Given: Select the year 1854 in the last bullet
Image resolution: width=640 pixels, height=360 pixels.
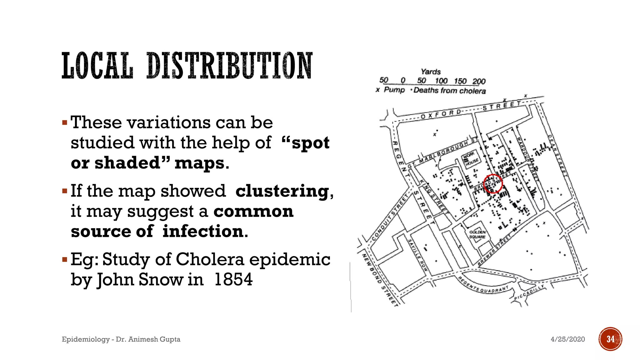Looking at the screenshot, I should click(x=233, y=279).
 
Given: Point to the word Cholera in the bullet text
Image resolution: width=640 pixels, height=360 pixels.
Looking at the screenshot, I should click(x=210, y=259).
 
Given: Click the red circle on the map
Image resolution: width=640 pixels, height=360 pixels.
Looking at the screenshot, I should click(x=493, y=184).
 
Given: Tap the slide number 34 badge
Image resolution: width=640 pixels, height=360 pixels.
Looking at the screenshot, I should click(x=610, y=339).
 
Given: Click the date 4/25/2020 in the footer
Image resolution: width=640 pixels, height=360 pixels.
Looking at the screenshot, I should click(x=567, y=339).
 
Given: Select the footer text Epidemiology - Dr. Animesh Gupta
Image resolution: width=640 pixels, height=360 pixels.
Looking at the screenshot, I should click(x=121, y=339).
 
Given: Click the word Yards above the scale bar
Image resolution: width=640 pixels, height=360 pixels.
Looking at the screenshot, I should click(x=431, y=72).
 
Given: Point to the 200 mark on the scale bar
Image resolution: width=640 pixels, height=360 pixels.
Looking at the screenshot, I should click(x=479, y=82).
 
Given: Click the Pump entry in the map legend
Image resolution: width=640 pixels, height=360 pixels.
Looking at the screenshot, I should click(x=394, y=90).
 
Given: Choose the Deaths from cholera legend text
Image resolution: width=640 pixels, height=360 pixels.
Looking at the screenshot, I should click(x=449, y=91).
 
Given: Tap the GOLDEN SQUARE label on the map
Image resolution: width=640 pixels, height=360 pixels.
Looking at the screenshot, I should click(x=477, y=234).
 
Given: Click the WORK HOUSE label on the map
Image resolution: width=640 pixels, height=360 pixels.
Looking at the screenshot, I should click(x=471, y=159).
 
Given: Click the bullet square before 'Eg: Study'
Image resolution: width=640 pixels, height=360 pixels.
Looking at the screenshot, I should click(x=65, y=259).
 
